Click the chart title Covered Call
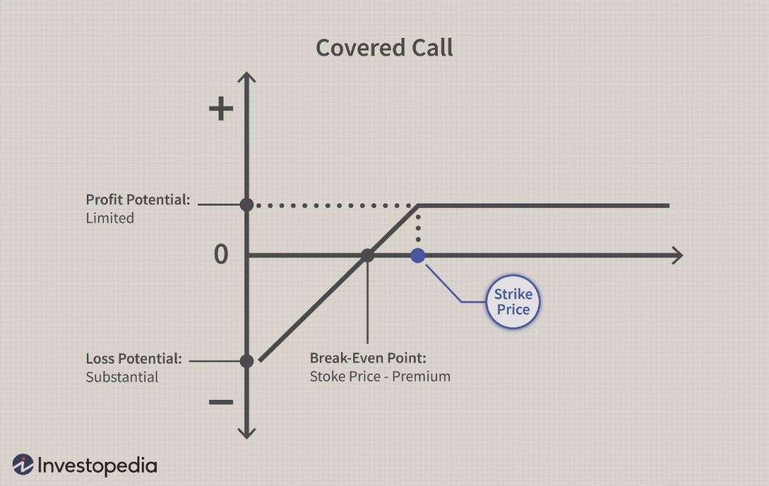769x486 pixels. pyautogui.click(x=384, y=48)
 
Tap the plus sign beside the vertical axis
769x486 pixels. pyautogui.click(x=221, y=108)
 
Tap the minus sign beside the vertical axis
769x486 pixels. pyautogui.click(x=221, y=402)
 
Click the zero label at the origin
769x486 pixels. pyautogui.click(x=221, y=254)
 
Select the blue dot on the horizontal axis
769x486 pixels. pyautogui.click(x=418, y=255)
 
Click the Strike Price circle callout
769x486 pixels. pyautogui.click(x=513, y=301)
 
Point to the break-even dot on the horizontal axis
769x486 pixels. pyautogui.click(x=367, y=255)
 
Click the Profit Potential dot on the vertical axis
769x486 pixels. pyautogui.click(x=246, y=204)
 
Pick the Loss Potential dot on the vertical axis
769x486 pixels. pyautogui.click(x=246, y=361)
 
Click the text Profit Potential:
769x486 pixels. pyautogui.click(x=138, y=199)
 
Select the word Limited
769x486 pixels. pyautogui.click(x=110, y=218)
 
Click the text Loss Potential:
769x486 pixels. pyautogui.click(x=134, y=359)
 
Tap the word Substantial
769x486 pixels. pyautogui.click(x=122, y=376)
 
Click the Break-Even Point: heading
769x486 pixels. pyautogui.click(x=368, y=358)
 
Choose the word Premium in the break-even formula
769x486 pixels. pyautogui.click(x=422, y=376)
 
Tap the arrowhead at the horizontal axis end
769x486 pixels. pyautogui.click(x=677, y=255)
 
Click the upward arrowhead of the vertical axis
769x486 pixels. pyautogui.click(x=246, y=78)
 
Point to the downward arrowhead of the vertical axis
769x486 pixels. pyautogui.click(x=246, y=433)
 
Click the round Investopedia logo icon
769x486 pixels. pyautogui.click(x=23, y=465)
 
